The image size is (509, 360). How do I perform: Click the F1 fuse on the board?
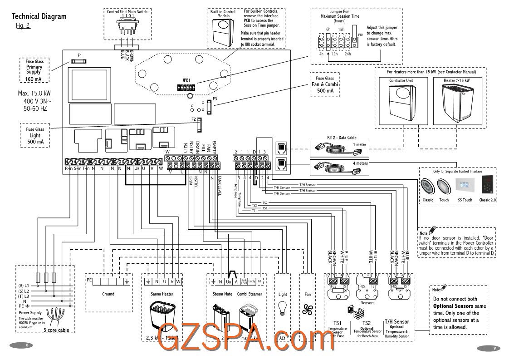coord(80,60)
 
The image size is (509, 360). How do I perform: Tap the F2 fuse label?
coord(193,119)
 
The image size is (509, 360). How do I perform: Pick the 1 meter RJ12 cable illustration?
coord(338,146)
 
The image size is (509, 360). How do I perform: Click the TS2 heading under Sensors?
coord(366,323)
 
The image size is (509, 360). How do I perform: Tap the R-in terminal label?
coord(68,168)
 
